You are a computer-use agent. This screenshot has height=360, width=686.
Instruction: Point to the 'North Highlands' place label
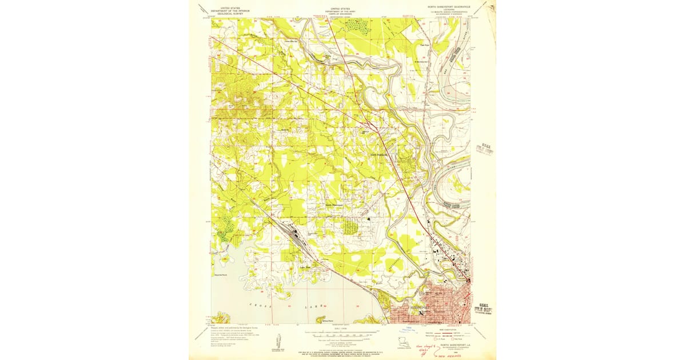(379, 154)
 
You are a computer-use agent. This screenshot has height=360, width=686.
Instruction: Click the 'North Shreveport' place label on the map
(336, 205)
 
